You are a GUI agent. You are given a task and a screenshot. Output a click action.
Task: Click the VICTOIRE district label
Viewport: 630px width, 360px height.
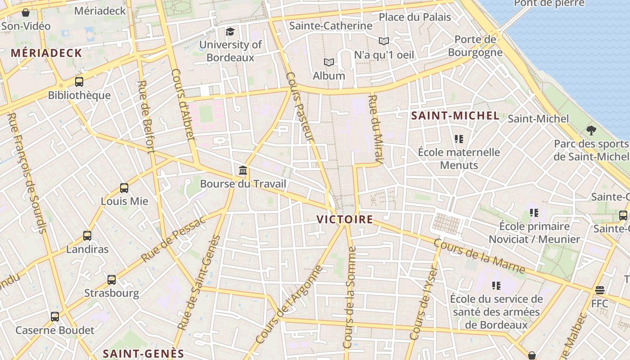pyautogui.click(x=345, y=220)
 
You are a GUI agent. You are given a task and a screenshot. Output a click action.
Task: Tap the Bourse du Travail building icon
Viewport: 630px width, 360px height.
pyautogui.click(x=243, y=171)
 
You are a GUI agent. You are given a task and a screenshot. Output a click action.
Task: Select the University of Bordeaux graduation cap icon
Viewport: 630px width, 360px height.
pyautogui.click(x=230, y=31)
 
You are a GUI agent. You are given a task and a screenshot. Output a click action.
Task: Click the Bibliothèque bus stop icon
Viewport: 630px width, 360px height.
pyautogui.click(x=79, y=82)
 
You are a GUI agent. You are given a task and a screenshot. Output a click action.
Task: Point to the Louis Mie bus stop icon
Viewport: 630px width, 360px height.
pyautogui.click(x=124, y=188)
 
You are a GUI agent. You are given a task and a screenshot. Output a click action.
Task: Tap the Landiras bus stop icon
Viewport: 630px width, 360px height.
pyautogui.click(x=87, y=235)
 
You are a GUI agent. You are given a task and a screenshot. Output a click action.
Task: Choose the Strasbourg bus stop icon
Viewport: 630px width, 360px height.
pyautogui.click(x=112, y=279)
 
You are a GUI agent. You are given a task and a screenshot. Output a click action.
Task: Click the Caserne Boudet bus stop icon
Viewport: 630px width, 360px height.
pyautogui.click(x=55, y=316)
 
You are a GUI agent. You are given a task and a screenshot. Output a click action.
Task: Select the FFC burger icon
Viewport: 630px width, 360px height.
pyautogui.click(x=599, y=290)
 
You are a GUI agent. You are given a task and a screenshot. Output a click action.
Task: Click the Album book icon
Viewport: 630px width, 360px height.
pyautogui.click(x=329, y=62)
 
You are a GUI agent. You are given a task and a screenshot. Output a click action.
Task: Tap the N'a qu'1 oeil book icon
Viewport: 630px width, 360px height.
pyautogui.click(x=384, y=41)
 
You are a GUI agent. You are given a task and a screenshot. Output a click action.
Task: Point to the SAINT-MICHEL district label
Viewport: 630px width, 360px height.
pyautogui.click(x=455, y=116)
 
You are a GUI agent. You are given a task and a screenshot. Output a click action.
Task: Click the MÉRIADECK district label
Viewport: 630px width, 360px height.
pyautogui.click(x=47, y=53)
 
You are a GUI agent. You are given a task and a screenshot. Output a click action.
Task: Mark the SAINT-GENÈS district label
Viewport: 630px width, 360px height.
pyautogui.click(x=144, y=353)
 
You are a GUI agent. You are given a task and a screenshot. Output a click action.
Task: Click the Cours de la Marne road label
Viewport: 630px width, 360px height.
pyautogui.click(x=479, y=256)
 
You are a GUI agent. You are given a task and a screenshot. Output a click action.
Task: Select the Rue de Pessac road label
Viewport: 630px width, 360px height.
pyautogui.click(x=173, y=239)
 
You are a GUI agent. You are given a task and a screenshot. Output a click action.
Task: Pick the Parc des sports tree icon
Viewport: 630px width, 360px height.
pyautogui.click(x=591, y=130)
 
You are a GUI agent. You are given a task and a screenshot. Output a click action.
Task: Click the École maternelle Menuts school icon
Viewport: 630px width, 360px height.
pyautogui.click(x=459, y=139)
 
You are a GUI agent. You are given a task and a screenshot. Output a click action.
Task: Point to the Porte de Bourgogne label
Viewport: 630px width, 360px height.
pyautogui.click(x=475, y=46)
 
